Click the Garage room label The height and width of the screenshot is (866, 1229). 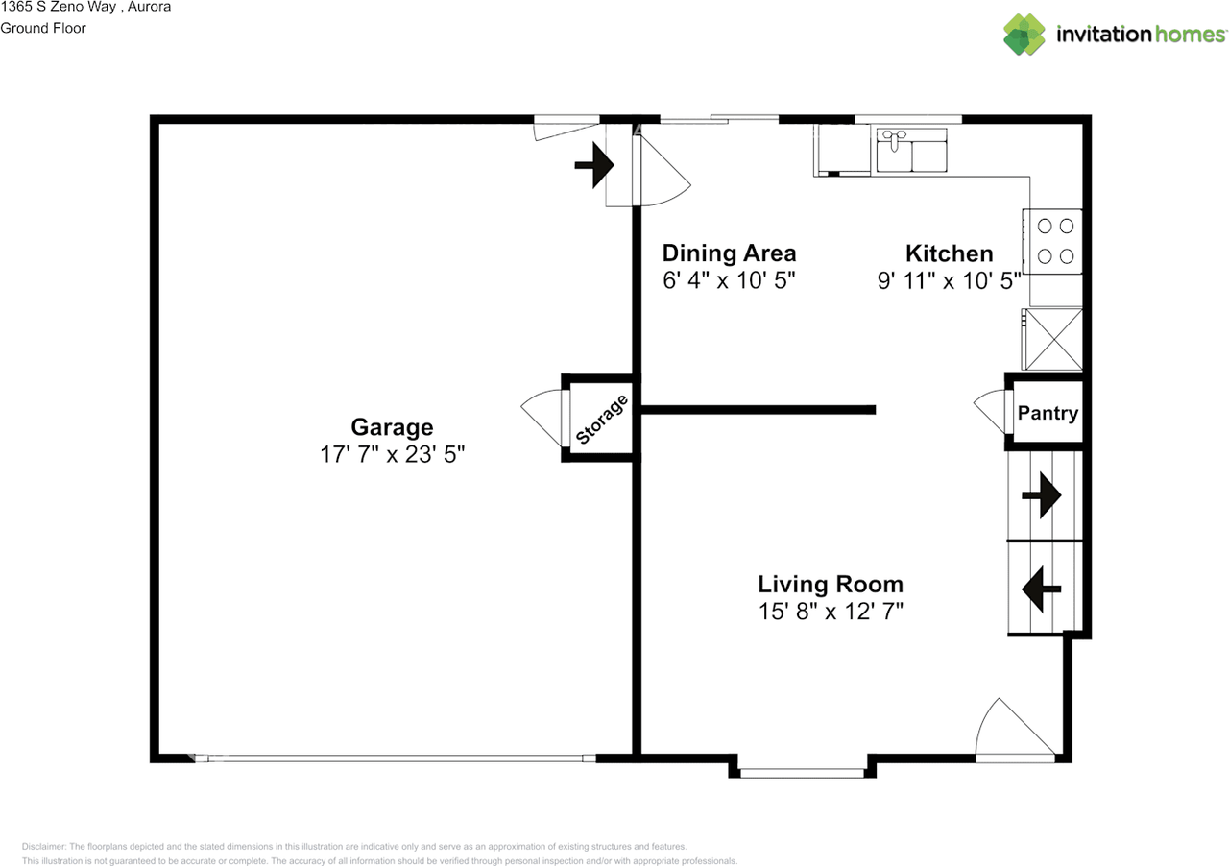click(392, 427)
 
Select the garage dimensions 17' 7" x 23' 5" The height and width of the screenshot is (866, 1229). click(392, 455)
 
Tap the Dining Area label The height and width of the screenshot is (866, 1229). click(729, 253)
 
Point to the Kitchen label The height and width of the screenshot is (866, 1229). click(949, 253)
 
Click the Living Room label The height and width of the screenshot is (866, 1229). click(830, 584)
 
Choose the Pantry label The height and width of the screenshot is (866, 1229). click(1048, 414)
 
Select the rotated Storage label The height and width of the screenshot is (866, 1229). click(602, 421)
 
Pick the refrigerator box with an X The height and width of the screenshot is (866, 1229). click(1054, 339)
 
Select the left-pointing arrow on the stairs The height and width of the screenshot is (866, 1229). click(1041, 589)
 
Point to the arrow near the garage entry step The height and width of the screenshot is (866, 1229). click(596, 165)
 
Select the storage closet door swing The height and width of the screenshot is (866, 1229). click(542, 419)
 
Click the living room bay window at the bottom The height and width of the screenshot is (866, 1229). click(802, 771)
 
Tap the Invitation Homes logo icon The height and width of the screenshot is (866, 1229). click(1024, 35)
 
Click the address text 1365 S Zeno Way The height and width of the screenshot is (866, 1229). click(58, 7)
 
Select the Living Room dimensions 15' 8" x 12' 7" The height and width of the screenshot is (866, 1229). click(830, 611)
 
